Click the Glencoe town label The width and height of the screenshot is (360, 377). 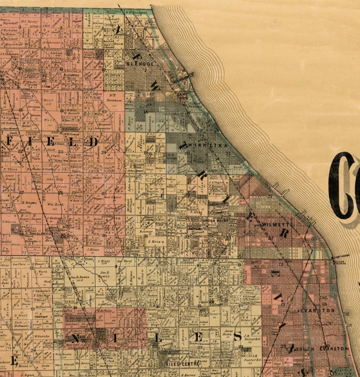[140, 64]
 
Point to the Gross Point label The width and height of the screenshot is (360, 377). [214, 220]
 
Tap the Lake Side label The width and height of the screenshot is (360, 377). [183, 96]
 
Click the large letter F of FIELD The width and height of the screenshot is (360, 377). [10, 142]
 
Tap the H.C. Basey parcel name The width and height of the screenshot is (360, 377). [29, 21]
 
